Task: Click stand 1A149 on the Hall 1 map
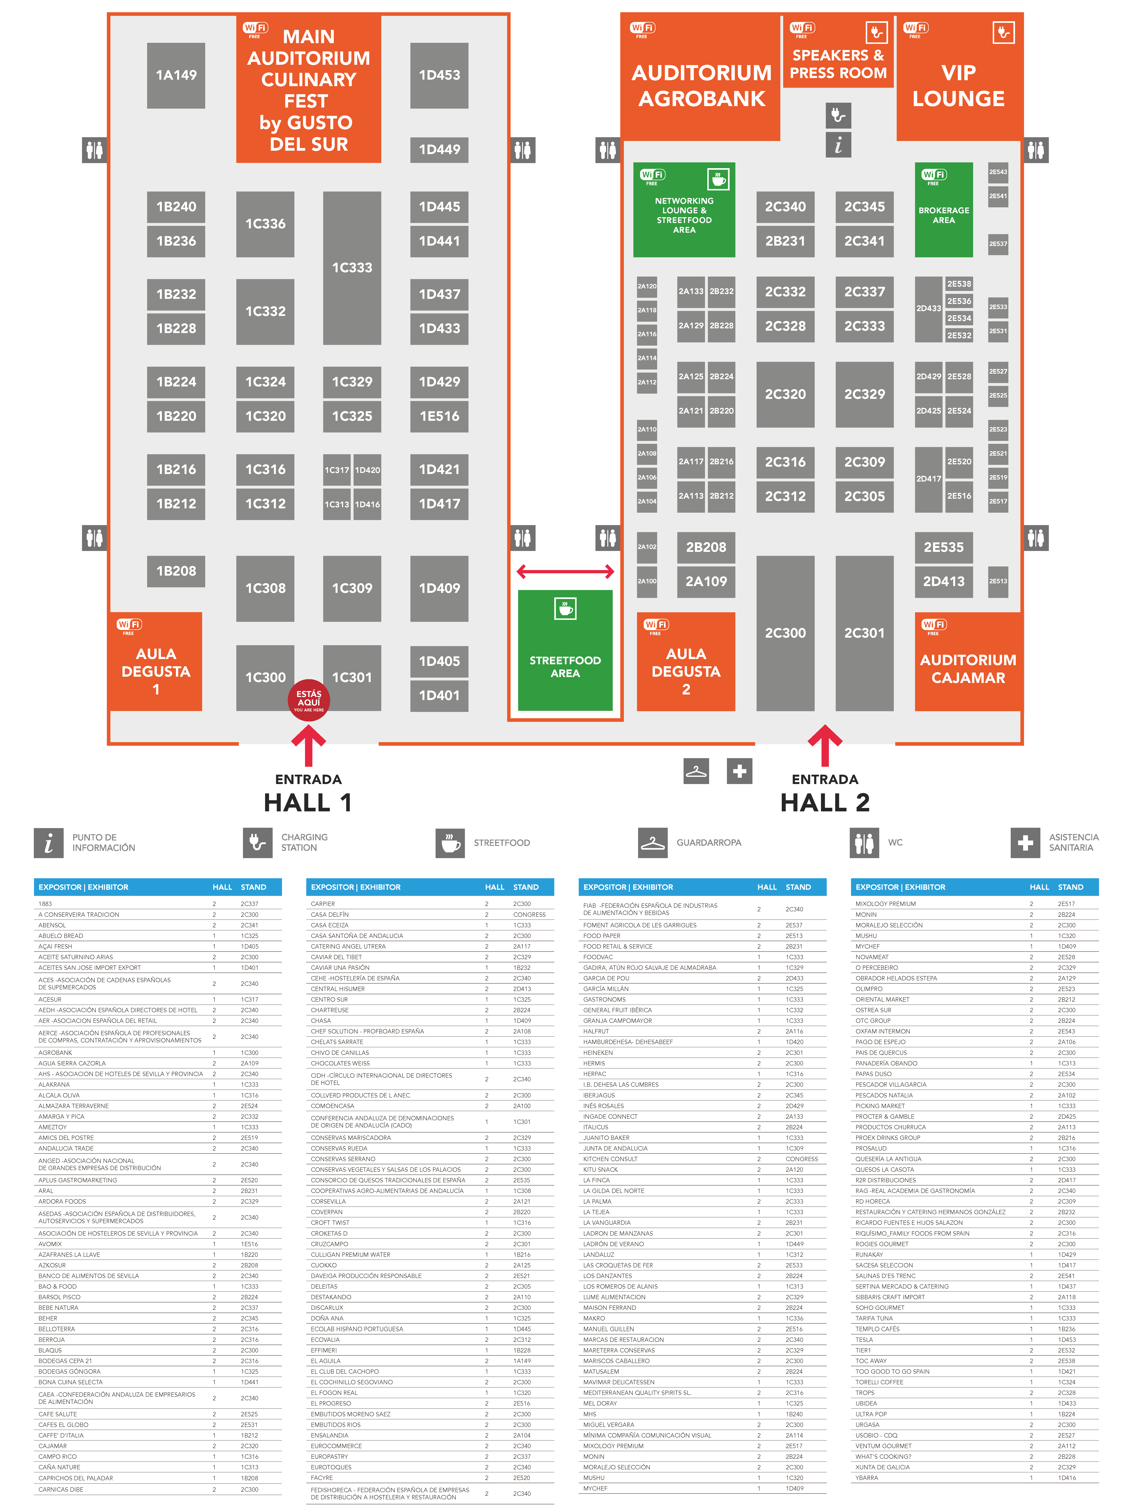[176, 75]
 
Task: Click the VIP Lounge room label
[959, 85]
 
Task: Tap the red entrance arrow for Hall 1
[309, 745]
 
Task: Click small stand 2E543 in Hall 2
[998, 172]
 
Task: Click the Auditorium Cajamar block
[968, 661]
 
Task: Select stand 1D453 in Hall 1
[439, 75]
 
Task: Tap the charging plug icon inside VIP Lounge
[1004, 32]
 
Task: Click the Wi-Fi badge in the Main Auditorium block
[255, 30]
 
